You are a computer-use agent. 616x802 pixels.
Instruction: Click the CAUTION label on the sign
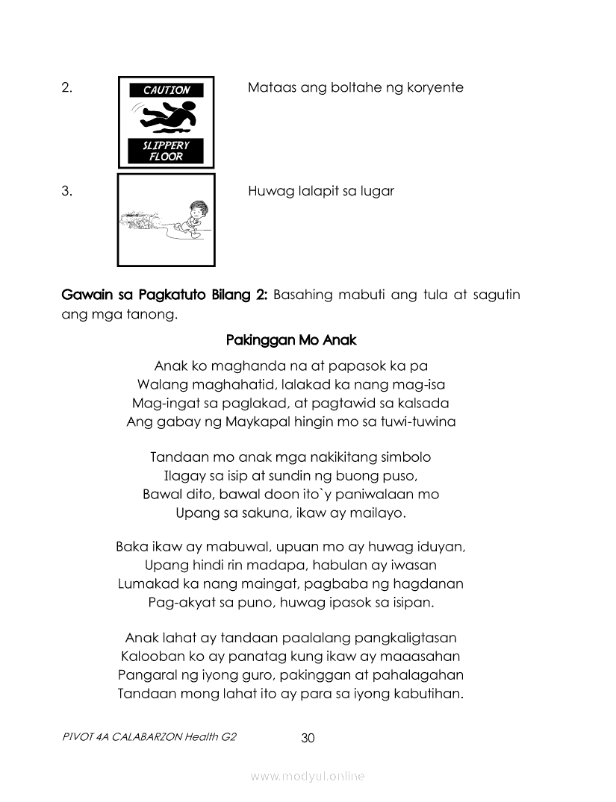(167, 90)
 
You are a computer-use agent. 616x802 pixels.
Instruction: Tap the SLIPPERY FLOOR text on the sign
(167, 151)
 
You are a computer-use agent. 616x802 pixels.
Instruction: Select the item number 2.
(67, 87)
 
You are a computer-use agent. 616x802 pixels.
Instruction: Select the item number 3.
(67, 190)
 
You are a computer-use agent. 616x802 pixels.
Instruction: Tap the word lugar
(376, 191)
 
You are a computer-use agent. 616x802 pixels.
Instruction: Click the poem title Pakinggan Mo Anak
(291, 340)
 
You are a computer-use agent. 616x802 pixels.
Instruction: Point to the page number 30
(308, 738)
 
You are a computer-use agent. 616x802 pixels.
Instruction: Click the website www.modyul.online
(308, 777)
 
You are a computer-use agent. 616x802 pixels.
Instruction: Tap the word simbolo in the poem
(404, 457)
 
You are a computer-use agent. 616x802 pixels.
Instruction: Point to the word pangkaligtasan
(411, 639)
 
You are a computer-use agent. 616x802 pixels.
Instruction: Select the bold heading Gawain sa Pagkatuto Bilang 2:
(164, 295)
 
